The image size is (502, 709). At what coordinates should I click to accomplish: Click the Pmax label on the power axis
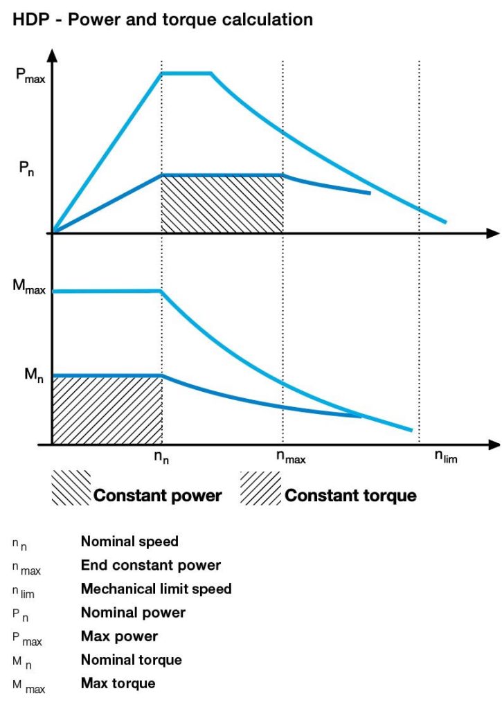[x=30, y=75]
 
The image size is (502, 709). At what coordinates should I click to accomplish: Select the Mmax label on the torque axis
[x=30, y=286]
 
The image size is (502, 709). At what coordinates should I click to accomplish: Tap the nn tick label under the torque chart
[x=161, y=457]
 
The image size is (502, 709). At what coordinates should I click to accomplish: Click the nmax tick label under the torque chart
[x=291, y=457]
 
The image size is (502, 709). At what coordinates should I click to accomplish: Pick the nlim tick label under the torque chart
[x=446, y=456]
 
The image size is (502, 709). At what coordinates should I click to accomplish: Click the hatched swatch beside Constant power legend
[x=71, y=488]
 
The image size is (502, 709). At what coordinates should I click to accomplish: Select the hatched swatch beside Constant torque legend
[x=260, y=488]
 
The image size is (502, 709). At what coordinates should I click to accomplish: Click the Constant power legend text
[x=158, y=496]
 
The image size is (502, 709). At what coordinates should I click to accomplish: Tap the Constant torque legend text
[x=350, y=496]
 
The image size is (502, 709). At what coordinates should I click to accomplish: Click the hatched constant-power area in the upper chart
[x=222, y=204]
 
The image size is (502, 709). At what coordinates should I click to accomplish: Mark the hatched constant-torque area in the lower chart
[x=107, y=410]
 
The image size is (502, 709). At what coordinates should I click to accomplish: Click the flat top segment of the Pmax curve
[x=186, y=73]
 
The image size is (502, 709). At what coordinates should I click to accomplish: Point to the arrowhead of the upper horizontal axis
[x=493, y=233]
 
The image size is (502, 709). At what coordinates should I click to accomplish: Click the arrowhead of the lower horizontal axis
[x=493, y=444]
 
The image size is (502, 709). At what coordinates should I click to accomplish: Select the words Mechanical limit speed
[x=156, y=589]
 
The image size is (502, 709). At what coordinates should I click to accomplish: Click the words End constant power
[x=151, y=566]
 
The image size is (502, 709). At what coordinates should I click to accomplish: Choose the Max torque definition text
[x=118, y=683]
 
